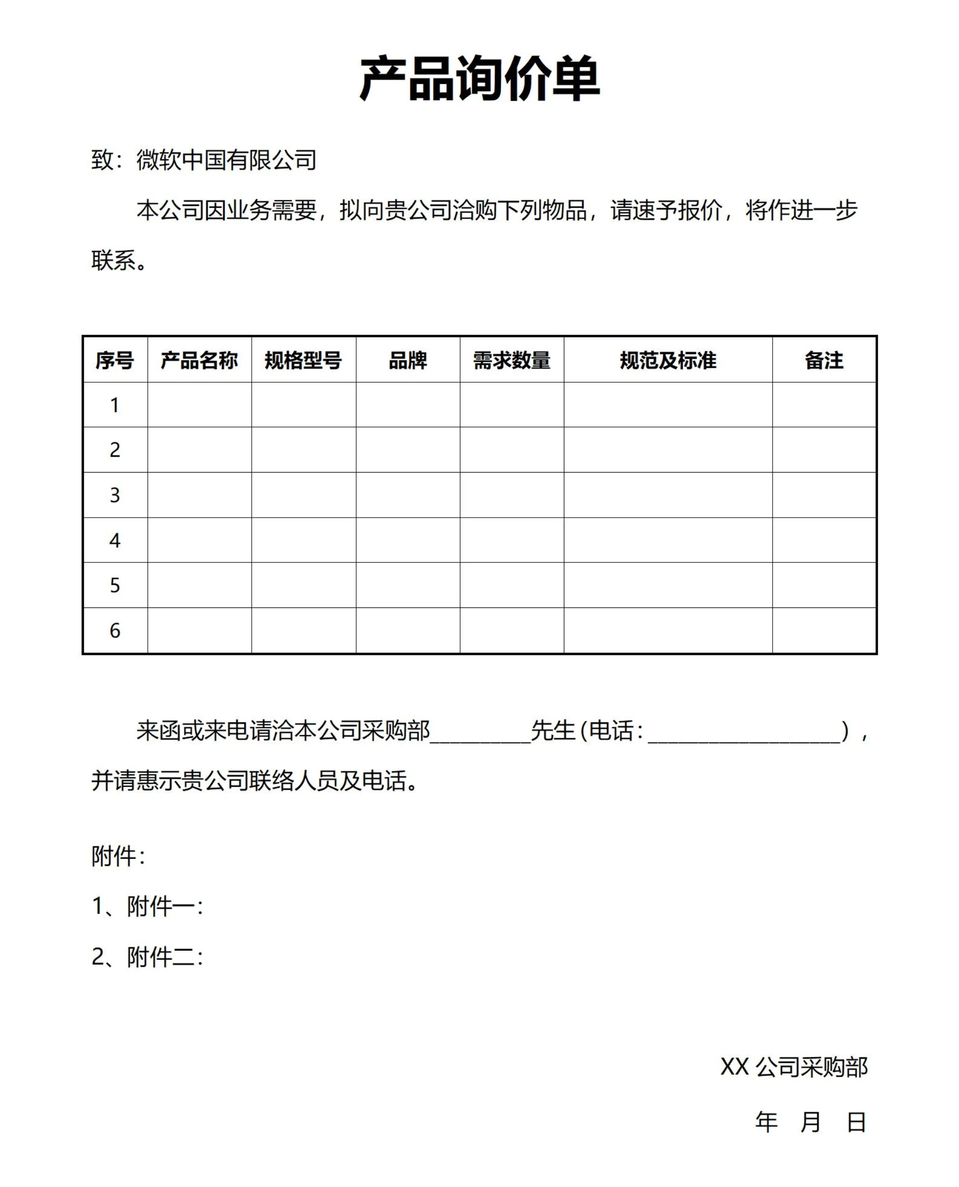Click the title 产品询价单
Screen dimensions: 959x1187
(479, 78)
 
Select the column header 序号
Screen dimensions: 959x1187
(115, 360)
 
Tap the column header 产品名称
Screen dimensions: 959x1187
(199, 360)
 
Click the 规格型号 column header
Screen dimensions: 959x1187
(303, 360)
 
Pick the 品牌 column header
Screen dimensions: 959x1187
(408, 360)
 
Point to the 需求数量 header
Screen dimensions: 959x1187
(511, 360)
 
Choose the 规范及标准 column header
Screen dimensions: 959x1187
(668, 360)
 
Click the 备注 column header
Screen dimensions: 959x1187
(824, 360)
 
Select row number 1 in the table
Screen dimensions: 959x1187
(115, 405)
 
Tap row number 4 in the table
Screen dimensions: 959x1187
(115, 540)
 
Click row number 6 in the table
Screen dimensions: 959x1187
(115, 630)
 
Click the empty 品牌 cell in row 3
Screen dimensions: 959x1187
(408, 495)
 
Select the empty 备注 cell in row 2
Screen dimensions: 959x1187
(824, 450)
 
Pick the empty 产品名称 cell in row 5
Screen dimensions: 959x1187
(199, 585)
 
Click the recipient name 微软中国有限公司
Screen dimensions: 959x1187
(226, 160)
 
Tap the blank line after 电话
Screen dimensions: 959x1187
(744, 732)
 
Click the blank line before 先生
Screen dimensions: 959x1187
(480, 732)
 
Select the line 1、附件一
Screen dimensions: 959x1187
(147, 906)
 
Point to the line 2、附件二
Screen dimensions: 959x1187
(147, 957)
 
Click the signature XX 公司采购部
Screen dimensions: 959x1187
(794, 1067)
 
